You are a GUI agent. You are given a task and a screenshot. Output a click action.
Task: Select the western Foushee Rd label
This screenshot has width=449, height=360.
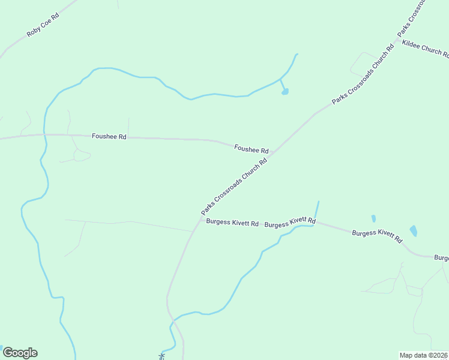tap(109, 137)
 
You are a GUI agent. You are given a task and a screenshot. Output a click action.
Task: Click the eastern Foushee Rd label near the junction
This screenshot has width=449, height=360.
tap(251, 148)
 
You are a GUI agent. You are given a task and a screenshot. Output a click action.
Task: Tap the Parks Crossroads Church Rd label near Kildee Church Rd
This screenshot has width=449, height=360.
tap(363, 75)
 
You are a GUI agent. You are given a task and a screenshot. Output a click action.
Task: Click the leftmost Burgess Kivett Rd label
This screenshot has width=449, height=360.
tap(232, 223)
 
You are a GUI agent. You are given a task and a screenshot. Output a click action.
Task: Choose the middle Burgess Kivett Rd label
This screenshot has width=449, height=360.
tap(290, 223)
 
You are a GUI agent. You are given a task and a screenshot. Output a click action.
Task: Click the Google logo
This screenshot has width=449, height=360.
tap(20, 353)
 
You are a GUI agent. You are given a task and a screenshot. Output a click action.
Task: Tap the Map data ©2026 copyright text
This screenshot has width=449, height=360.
tap(424, 355)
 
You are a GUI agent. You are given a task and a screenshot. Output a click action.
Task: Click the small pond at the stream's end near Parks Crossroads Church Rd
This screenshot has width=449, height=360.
tap(285, 92)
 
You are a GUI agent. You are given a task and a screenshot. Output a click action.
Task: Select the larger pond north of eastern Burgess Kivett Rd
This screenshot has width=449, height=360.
tap(413, 230)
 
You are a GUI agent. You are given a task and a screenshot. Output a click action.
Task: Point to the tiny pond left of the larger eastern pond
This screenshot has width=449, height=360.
tap(373, 218)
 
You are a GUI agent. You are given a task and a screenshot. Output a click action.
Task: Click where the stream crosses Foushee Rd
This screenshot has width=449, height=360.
tap(44, 136)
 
